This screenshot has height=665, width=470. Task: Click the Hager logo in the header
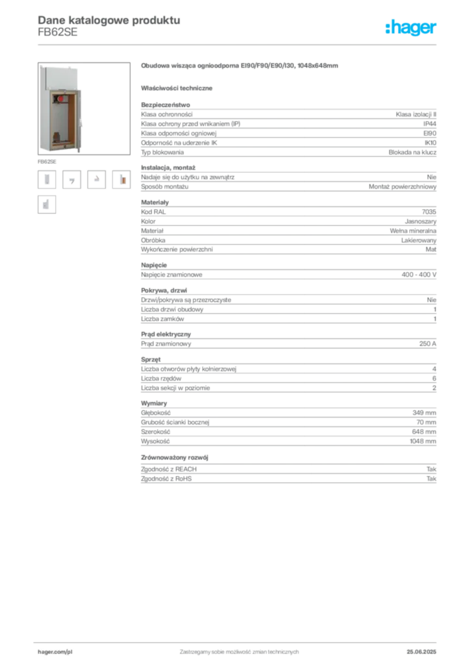coord(411,27)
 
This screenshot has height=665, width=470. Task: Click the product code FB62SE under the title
coord(58,32)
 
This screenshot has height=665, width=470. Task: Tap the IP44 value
coord(430,124)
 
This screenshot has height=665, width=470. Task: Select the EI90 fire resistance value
coord(430,133)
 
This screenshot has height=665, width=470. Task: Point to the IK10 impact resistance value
coord(430,143)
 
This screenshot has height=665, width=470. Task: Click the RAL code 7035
coord(429,212)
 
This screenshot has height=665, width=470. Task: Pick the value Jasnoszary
coord(421,221)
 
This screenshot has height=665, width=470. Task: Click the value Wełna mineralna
coord(414,231)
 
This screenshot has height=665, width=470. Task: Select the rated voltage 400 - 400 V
coord(419,275)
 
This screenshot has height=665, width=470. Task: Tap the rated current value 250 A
coord(428,344)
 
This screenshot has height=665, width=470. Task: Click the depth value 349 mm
coord(424,412)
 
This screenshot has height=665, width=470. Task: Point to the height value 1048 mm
coord(423,442)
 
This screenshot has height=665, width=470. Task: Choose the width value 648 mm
coord(424,432)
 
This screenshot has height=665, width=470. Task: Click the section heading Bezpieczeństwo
coord(166,105)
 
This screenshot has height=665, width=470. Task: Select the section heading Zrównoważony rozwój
coord(175,458)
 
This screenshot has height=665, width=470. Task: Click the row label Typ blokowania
coord(162,152)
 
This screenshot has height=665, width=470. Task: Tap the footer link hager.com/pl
coord(55,652)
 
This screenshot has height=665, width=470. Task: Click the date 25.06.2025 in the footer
coord(421,652)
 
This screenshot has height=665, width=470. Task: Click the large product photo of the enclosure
coord(84,108)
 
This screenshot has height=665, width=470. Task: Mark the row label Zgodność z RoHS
coord(166,479)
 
